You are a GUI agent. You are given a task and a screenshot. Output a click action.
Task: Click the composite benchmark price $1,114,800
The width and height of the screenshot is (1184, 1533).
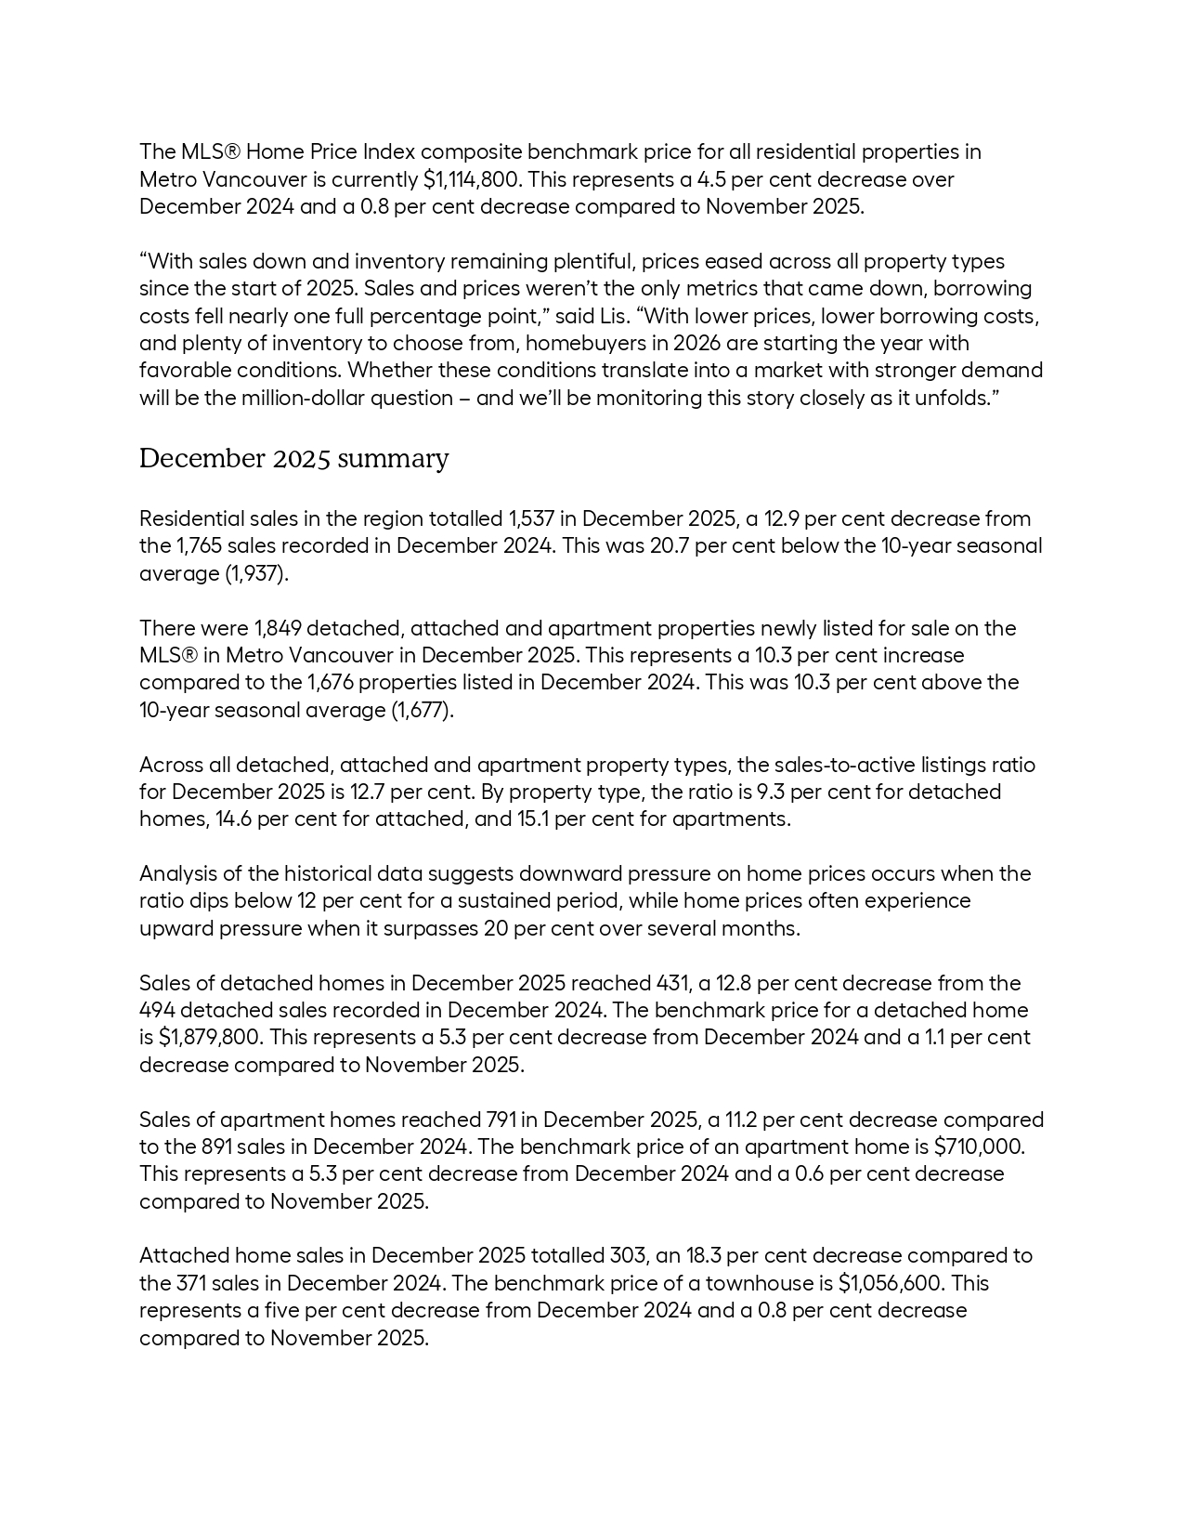tap(472, 179)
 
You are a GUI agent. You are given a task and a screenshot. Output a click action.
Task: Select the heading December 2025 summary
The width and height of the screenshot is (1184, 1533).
tap(293, 459)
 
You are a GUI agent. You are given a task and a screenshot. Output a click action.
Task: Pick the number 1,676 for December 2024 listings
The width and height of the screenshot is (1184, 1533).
tap(330, 683)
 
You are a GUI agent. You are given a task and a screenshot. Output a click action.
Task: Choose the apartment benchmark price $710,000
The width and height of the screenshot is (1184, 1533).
tap(978, 1146)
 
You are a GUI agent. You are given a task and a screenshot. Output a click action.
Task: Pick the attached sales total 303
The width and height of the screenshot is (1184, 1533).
tap(628, 1256)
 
